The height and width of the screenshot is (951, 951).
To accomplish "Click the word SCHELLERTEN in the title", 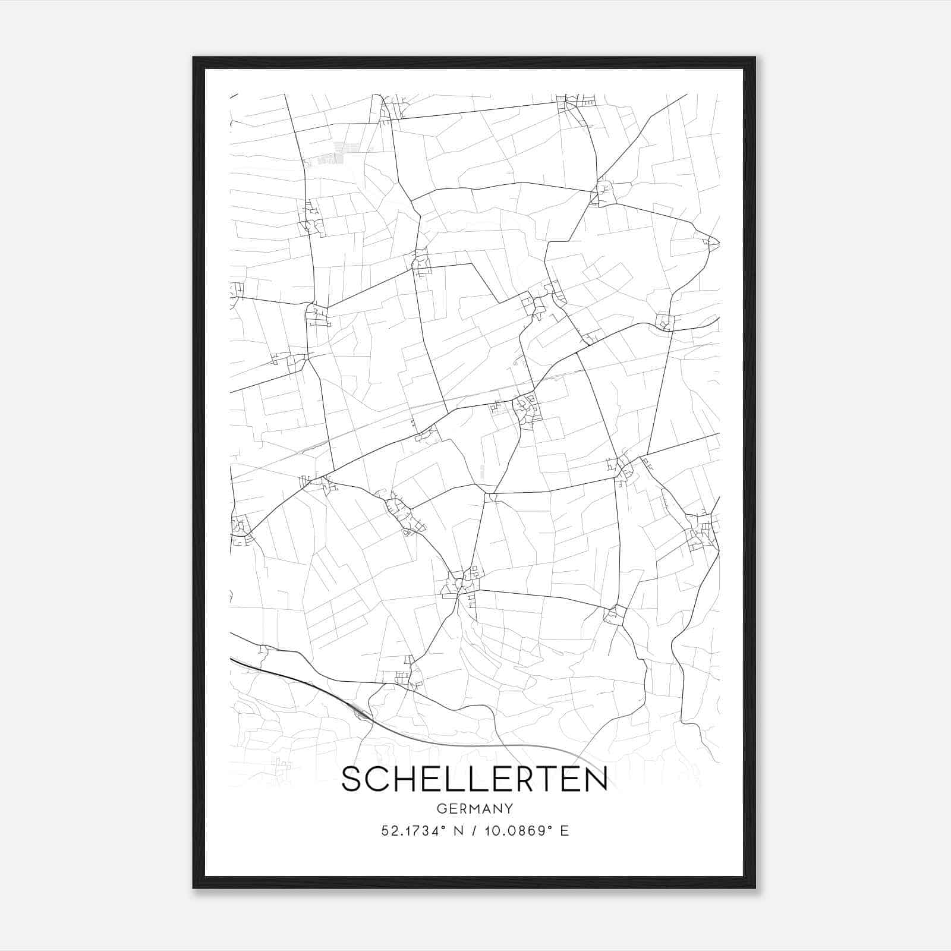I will (474, 779).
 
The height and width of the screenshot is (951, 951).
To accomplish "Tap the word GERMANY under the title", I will (474, 809).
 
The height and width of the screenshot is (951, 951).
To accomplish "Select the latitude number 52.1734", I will (410, 831).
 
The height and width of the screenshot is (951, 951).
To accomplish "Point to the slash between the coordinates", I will (474, 831).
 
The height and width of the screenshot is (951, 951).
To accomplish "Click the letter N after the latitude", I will (458, 831).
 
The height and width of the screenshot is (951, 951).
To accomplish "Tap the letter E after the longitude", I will (565, 831).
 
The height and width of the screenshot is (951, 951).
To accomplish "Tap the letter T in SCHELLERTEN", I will (550, 779).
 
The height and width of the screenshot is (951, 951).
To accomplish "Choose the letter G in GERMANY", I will (441, 809).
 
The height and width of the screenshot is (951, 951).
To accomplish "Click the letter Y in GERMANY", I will (509, 809).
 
